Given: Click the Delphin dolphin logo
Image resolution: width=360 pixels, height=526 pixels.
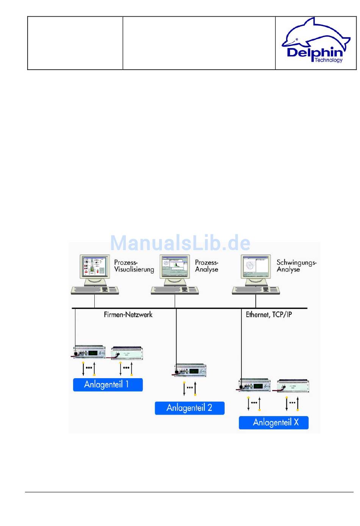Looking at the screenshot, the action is point(316,40).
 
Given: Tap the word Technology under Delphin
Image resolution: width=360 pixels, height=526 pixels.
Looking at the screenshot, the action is point(328,60).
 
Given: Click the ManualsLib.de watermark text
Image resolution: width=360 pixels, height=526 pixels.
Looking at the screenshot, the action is point(180,243).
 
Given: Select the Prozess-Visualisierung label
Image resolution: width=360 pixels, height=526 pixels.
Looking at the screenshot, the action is point(134,266).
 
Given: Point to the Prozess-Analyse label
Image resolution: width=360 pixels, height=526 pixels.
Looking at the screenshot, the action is point(207,266).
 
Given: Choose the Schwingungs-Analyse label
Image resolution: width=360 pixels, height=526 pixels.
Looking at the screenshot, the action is point(296,266).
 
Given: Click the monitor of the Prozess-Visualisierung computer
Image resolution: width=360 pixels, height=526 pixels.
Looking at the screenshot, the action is point(95,269).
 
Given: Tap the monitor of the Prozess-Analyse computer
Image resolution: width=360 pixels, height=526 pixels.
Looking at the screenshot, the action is point(175,269).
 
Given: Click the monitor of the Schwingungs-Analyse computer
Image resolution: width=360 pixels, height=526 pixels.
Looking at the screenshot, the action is point(256,269).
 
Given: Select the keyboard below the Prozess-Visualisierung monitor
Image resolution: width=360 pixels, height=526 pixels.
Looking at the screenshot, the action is point(95,290).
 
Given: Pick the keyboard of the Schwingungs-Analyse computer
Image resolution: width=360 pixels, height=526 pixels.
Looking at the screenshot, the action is point(256,290).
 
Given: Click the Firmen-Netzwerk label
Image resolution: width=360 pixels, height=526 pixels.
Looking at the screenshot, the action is point(128,315).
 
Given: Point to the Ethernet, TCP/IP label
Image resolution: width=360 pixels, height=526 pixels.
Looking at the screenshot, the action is point(269,315).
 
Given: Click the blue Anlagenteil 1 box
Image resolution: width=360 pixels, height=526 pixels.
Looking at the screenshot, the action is point(108,385).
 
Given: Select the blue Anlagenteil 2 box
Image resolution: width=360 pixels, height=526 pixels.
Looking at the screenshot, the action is point(189,408).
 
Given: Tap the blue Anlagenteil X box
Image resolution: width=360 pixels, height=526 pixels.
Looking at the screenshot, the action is point(274,423).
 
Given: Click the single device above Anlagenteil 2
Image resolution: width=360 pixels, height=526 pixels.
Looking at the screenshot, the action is point(190,370).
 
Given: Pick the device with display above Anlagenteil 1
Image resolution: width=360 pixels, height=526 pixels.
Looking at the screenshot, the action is point(89,352).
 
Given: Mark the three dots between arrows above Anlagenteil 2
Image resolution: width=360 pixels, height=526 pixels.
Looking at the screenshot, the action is point(190,387).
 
